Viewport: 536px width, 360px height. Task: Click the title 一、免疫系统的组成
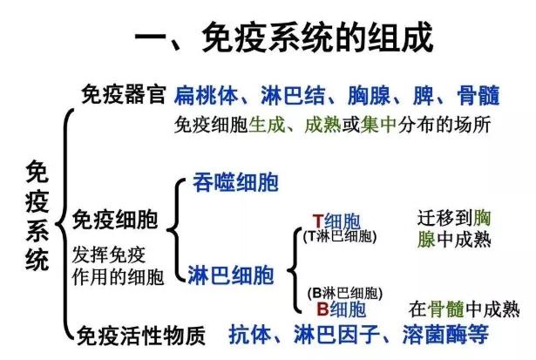pyautogui.click(x=284, y=37)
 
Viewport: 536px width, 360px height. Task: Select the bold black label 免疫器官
pyautogui.click(x=124, y=94)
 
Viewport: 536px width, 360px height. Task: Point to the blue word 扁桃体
pyautogui.click(x=206, y=95)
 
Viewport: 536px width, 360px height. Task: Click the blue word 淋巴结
pyautogui.click(x=293, y=95)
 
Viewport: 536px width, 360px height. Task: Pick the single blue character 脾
pyautogui.click(x=424, y=95)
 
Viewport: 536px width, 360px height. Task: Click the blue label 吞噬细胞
pyautogui.click(x=235, y=182)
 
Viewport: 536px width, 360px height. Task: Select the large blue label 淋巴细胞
pyautogui.click(x=231, y=275)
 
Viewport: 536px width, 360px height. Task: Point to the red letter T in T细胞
pyautogui.click(x=318, y=221)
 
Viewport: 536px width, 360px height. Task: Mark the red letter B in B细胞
pyautogui.click(x=322, y=309)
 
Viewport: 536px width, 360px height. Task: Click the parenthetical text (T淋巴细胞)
pyautogui.click(x=340, y=236)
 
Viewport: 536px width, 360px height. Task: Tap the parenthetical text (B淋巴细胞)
pyautogui.click(x=344, y=294)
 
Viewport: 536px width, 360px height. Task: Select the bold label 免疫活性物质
pyautogui.click(x=141, y=336)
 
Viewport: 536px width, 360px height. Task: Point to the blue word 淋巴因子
pyautogui.click(x=336, y=335)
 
